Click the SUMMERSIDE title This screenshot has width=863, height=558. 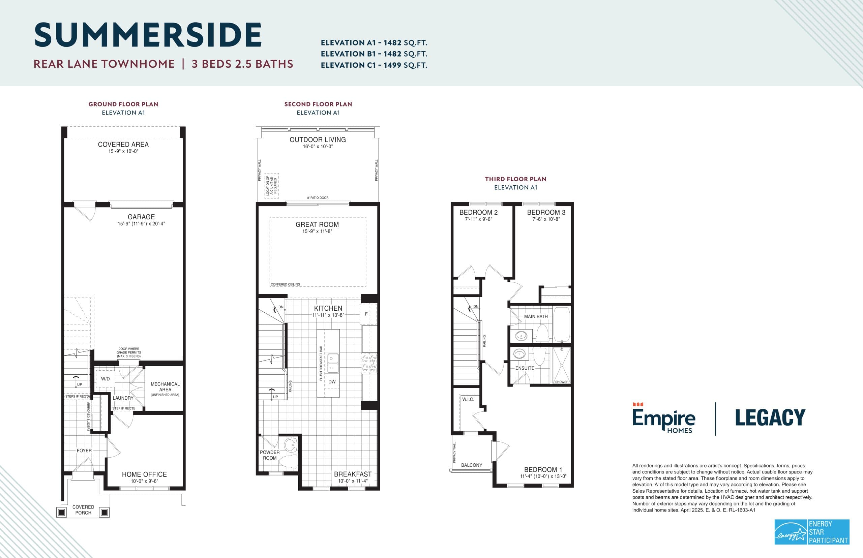pyautogui.click(x=148, y=35)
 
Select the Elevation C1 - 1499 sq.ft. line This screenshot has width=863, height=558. pyautogui.click(x=374, y=65)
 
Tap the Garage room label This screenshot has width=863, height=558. pyautogui.click(x=141, y=217)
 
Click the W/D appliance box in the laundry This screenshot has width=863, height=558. pyautogui.click(x=105, y=379)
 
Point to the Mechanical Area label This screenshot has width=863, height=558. pyautogui.click(x=165, y=386)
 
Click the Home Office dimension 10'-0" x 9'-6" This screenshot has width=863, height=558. pyautogui.click(x=144, y=481)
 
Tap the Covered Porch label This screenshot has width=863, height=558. pyautogui.click(x=83, y=510)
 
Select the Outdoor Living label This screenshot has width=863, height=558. pyautogui.click(x=318, y=140)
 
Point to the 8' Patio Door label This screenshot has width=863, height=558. pyautogui.click(x=318, y=198)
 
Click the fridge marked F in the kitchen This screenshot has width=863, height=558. pyautogui.click(x=367, y=314)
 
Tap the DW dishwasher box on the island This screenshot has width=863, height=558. pyautogui.click(x=332, y=381)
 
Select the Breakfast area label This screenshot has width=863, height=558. pyautogui.click(x=352, y=474)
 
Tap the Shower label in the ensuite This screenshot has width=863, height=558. pyautogui.click(x=561, y=382)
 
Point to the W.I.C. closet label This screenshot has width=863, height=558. pyautogui.click(x=468, y=399)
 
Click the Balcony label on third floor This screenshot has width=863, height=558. pyautogui.click(x=471, y=465)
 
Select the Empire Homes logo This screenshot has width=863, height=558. pyautogui.click(x=664, y=418)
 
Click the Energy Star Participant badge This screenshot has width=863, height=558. pyautogui.click(x=812, y=532)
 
